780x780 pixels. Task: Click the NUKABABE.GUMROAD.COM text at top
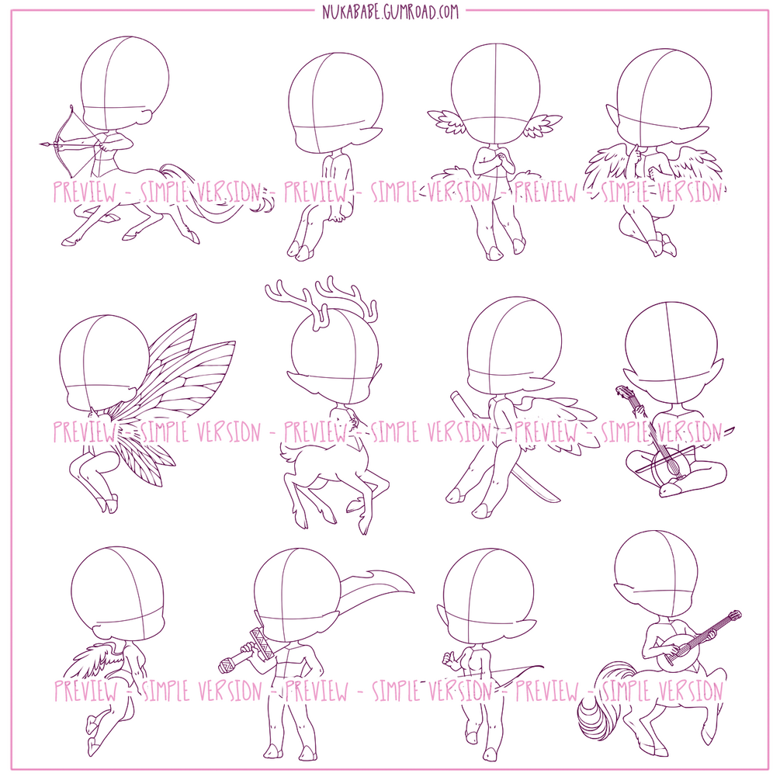tap(390, 11)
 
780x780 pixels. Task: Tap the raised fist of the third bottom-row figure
tap(451, 660)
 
